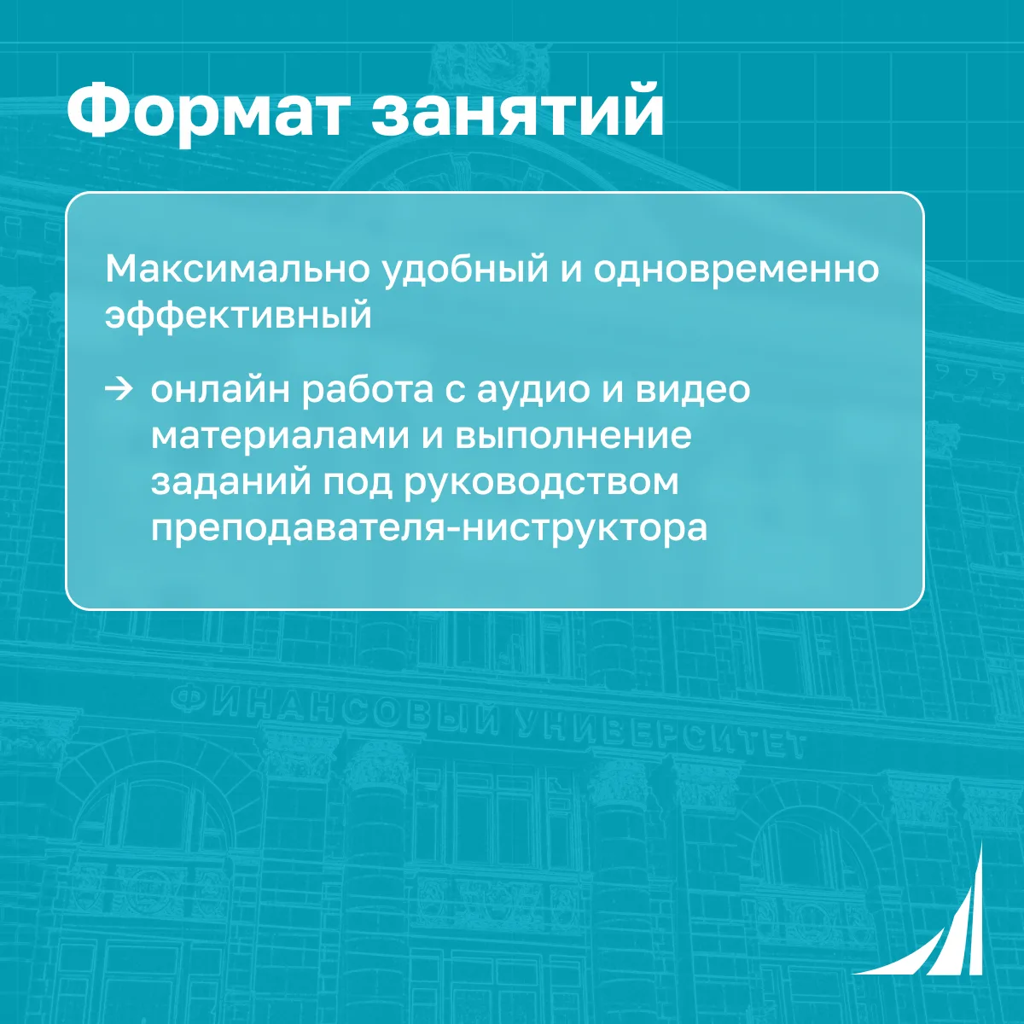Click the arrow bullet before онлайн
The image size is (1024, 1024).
pyautogui.click(x=119, y=390)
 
